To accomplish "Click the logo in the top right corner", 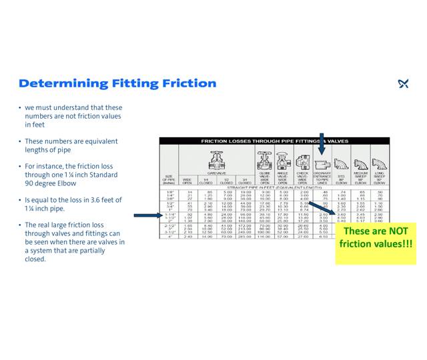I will click(x=403, y=83).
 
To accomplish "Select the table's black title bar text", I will click(x=274, y=141).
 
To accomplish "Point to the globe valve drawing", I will click(x=265, y=161).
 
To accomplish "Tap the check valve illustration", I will click(x=302, y=162).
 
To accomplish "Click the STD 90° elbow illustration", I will click(x=341, y=163).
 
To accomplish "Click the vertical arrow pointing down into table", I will click(x=322, y=144).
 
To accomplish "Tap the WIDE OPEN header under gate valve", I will click(x=187, y=181).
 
